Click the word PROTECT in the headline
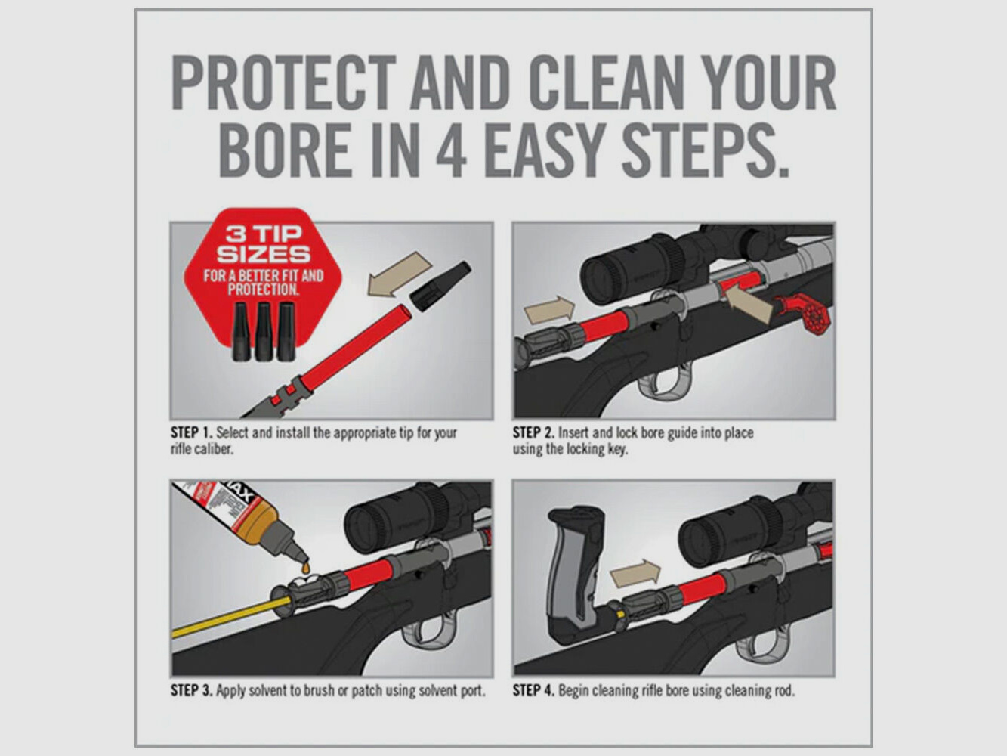pos(283,83)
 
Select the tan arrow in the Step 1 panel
pos(398,274)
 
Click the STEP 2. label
pos(533,433)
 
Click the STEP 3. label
pos(191,690)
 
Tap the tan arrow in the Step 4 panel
pos(635,574)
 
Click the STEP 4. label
pos(533,690)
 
